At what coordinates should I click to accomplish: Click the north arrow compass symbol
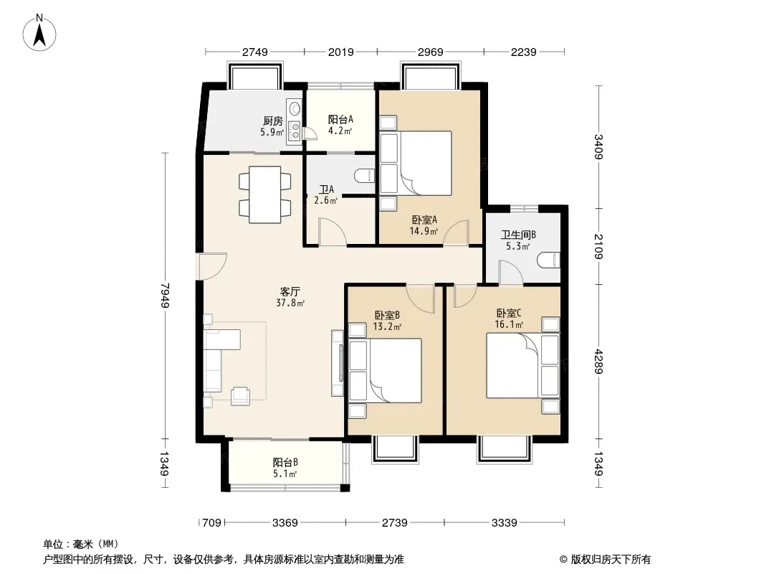point(39,32)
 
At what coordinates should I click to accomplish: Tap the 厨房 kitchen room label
point(272,121)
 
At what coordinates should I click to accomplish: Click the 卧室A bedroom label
point(424,220)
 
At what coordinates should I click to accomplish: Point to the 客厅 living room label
point(290,291)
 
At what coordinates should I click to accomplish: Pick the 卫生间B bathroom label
point(518,235)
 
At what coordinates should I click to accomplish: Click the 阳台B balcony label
point(285,462)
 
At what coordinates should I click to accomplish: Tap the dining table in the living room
point(264,194)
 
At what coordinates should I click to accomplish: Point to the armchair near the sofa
point(240,395)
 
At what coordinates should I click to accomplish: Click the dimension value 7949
point(165,295)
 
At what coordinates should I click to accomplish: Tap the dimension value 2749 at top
point(255,52)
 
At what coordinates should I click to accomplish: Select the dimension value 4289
point(599,362)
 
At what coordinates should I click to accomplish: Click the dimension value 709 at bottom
point(211,523)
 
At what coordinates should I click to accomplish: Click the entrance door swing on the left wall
point(212,266)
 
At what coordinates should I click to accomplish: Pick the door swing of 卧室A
point(456,232)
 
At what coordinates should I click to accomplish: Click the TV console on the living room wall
point(337,363)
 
